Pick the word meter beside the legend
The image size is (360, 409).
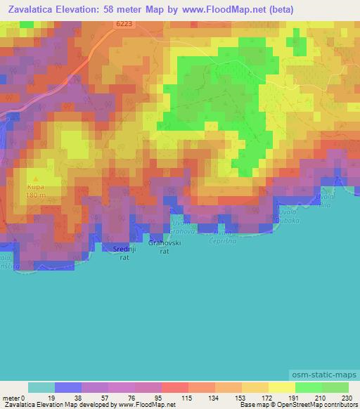point(13,398)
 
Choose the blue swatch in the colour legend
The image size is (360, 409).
point(68,387)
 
